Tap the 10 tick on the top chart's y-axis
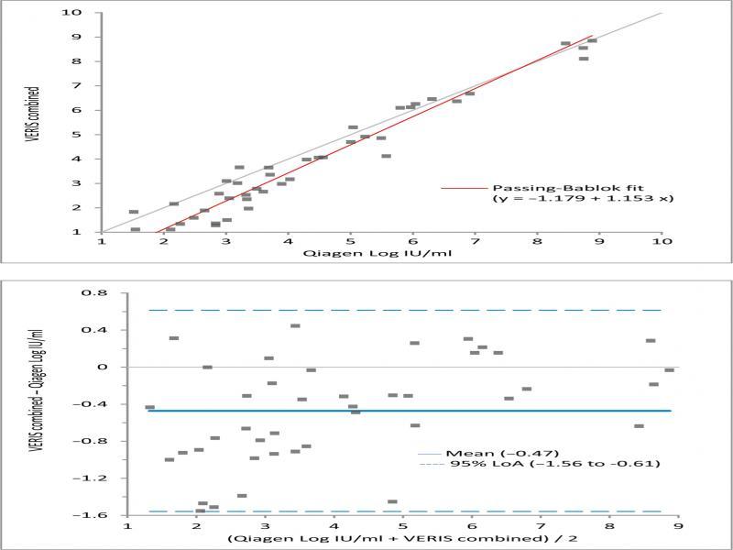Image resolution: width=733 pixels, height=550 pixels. (82, 13)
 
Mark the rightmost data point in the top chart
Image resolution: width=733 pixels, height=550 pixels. (592, 40)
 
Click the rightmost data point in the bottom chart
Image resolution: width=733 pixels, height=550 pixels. (670, 370)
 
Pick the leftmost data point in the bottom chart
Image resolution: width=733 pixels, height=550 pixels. (149, 407)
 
